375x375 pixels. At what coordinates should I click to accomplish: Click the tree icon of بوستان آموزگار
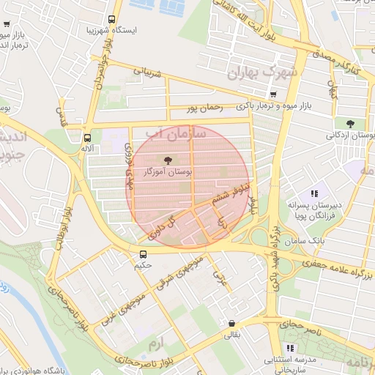(x=169, y=160)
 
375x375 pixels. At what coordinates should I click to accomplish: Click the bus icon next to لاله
(x=88, y=137)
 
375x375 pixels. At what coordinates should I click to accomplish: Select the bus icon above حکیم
(x=144, y=254)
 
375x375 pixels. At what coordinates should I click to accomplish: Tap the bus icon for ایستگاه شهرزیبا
(x=111, y=20)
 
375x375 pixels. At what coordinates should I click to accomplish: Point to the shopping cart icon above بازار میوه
(x=273, y=94)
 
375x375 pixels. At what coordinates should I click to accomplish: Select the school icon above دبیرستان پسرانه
(x=313, y=194)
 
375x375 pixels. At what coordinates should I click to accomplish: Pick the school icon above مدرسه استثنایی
(x=291, y=348)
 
